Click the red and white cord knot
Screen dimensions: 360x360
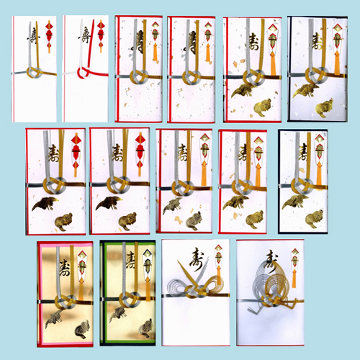(x=84, y=73)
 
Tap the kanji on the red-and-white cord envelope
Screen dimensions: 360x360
(x=84, y=35)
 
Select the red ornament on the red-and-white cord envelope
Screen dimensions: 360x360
(x=101, y=36)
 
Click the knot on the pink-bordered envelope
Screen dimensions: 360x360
(x=66, y=302)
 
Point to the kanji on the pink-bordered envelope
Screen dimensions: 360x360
(x=64, y=268)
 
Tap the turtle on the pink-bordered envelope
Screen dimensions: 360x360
(x=81, y=329)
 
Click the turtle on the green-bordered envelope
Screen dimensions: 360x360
(x=146, y=328)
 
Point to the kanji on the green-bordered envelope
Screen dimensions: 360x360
(x=131, y=260)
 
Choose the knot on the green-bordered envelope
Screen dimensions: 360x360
(x=130, y=300)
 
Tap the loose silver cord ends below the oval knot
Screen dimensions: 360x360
(x=255, y=310)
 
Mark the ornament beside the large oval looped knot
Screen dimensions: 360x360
(x=294, y=266)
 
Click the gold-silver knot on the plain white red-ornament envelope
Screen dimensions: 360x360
(x=35, y=72)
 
